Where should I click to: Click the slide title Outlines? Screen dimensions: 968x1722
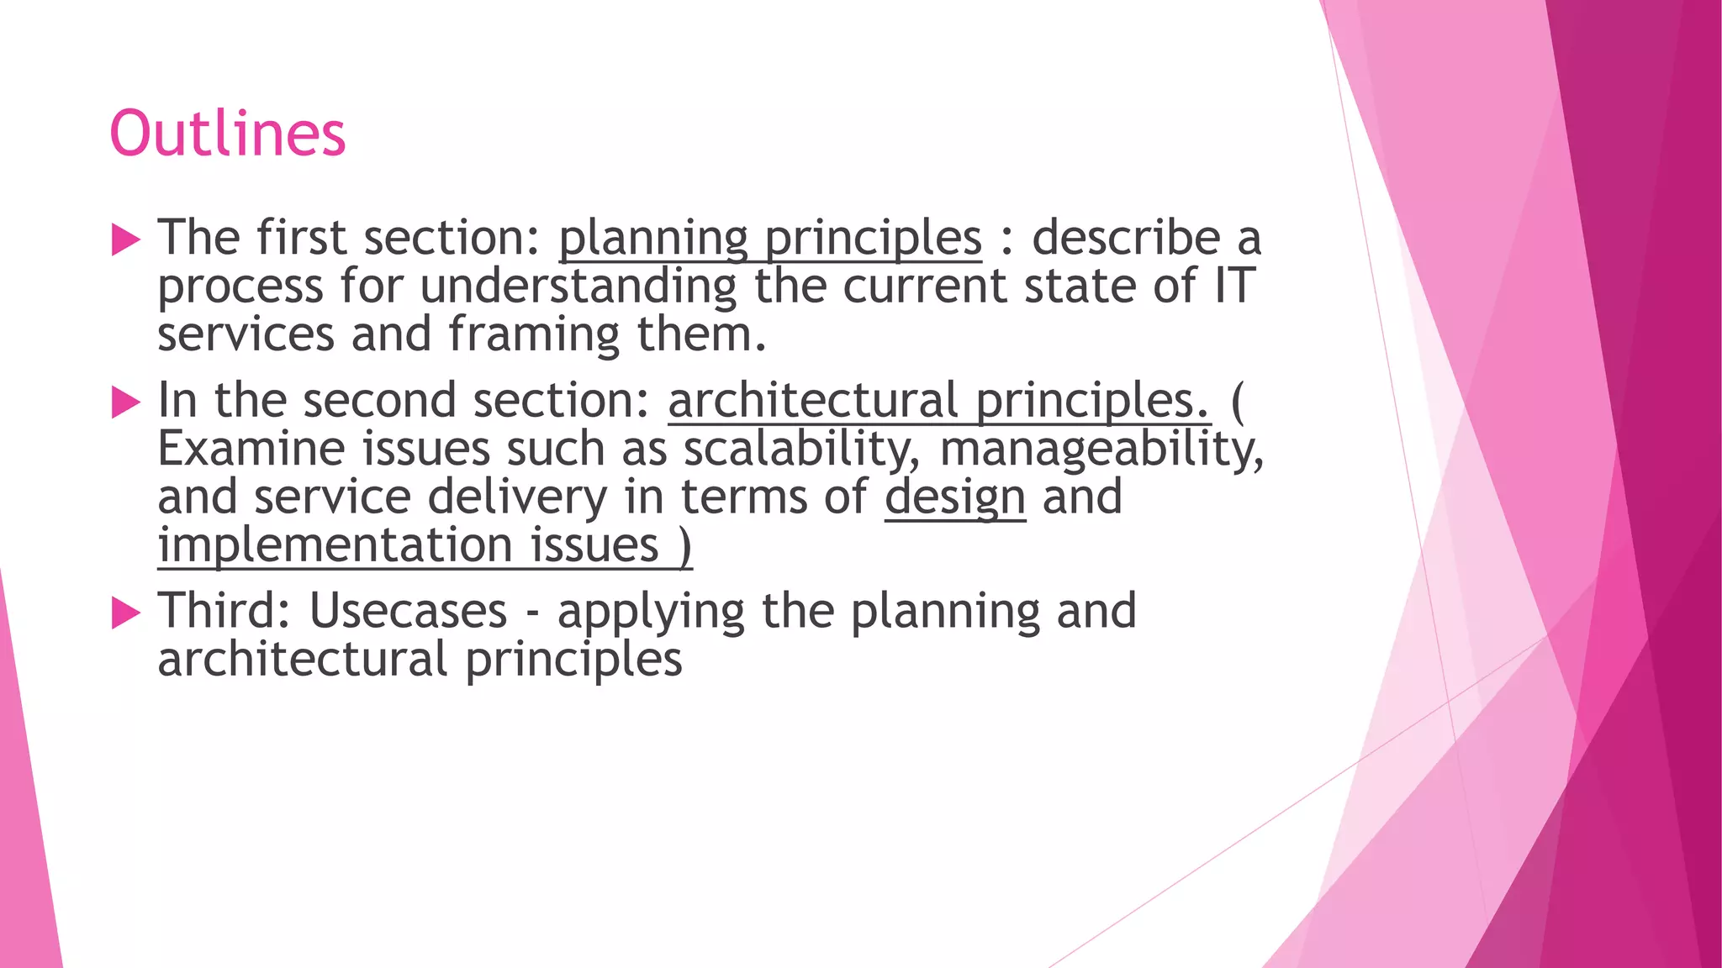227,134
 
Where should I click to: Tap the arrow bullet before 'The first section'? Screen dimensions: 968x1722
125,240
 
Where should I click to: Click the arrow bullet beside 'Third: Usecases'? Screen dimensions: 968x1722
125,613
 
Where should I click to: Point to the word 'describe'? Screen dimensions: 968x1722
1126,238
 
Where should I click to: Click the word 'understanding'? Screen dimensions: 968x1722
578,287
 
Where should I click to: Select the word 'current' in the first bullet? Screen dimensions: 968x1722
925,287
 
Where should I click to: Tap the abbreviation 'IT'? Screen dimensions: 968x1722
1233,287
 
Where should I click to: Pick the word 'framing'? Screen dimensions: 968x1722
534,335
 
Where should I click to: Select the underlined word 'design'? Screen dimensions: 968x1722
954,497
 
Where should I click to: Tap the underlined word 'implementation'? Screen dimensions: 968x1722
335,545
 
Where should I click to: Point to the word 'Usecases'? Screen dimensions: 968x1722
408,611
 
